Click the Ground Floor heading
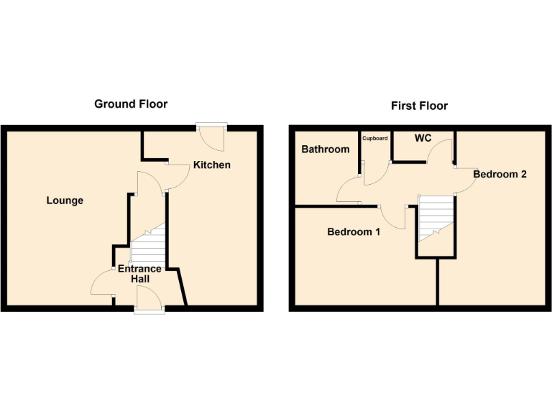pyautogui.click(x=131, y=104)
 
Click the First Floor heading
pyautogui.click(x=419, y=106)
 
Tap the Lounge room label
pyautogui.click(x=65, y=201)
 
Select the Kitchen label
pyautogui.click(x=212, y=165)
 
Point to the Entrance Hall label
pyautogui.click(x=139, y=274)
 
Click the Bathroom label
pyautogui.click(x=325, y=149)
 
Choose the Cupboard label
pyautogui.click(x=375, y=138)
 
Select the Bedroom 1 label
pyautogui.click(x=354, y=232)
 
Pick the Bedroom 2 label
pyautogui.click(x=500, y=174)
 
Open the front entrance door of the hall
pyautogui.click(x=148, y=298)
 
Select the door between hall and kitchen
pyautogui.click(x=152, y=180)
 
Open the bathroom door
pyautogui.click(x=350, y=190)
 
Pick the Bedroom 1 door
pyautogui.click(x=395, y=216)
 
